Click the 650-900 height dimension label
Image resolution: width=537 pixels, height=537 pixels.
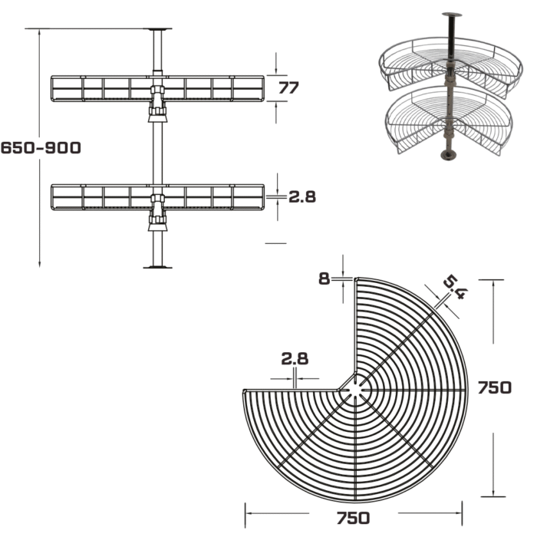point(41,148)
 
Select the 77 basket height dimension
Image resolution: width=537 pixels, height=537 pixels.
point(288,87)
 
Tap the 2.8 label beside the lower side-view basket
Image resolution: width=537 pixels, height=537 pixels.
point(302,197)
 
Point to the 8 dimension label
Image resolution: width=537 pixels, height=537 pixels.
point(324,278)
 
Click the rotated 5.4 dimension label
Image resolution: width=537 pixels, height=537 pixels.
point(456,288)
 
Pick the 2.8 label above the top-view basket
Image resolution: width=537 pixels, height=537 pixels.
point(295,358)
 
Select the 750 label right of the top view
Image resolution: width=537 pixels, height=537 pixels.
point(495,387)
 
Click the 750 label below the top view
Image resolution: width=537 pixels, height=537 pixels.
point(353,518)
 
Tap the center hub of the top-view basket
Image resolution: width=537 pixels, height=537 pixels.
point(356,390)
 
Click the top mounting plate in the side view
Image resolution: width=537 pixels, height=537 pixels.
point(157,29)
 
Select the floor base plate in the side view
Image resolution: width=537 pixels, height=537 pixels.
point(157,267)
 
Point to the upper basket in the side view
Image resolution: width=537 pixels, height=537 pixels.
point(157,89)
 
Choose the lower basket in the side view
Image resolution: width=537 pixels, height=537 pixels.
point(157,198)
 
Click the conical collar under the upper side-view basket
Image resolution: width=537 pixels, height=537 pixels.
point(157,118)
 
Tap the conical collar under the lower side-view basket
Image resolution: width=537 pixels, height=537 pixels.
point(157,227)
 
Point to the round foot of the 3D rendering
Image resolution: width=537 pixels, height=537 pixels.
point(449,156)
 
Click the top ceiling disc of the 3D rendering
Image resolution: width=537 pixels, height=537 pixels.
point(452,15)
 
